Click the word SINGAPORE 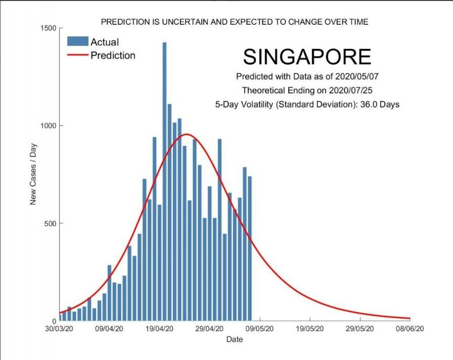click(x=307, y=57)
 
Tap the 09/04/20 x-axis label click(x=110, y=329)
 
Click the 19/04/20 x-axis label click(x=160, y=329)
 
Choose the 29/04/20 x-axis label click(x=210, y=329)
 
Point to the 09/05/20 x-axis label click(x=260, y=329)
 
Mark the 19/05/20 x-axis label click(x=310, y=329)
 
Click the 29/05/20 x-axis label click(x=360, y=329)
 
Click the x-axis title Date click(x=235, y=339)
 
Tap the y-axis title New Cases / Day click(x=33, y=174)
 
